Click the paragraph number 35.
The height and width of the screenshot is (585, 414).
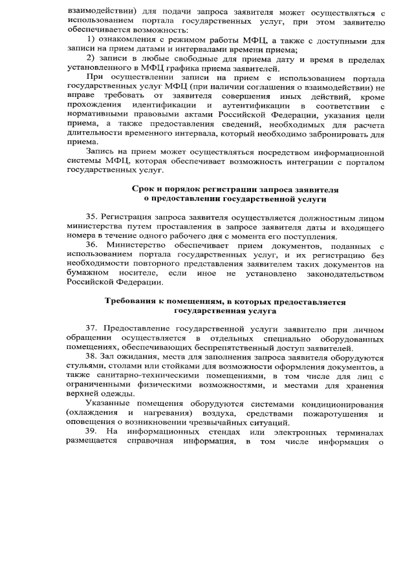pos(91,218)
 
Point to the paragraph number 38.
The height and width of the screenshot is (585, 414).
pos(91,357)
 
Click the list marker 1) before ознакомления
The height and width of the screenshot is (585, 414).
pos(90,40)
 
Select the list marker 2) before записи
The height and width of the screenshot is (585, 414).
pos(90,59)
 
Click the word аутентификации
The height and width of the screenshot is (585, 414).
pos(254,105)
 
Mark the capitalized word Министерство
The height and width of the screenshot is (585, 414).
pos(135,246)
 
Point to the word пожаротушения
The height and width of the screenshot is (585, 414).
pos(330,413)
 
